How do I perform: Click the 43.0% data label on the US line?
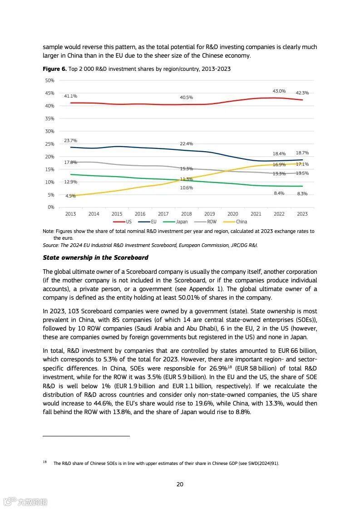279,91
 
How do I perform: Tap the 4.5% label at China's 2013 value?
70,196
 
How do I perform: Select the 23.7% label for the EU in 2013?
70,141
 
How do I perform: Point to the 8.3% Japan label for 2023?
302,194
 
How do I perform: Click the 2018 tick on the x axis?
186,214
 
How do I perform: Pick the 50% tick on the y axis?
49,80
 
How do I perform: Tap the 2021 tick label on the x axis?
256,214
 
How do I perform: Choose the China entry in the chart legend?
241,222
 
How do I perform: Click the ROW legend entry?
212,222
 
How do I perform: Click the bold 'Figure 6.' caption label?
54,69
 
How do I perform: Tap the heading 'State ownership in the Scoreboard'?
95,258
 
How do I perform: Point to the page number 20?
180,484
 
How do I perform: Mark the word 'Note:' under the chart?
48,232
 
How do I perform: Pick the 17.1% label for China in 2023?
302,164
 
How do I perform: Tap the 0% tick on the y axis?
51,208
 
